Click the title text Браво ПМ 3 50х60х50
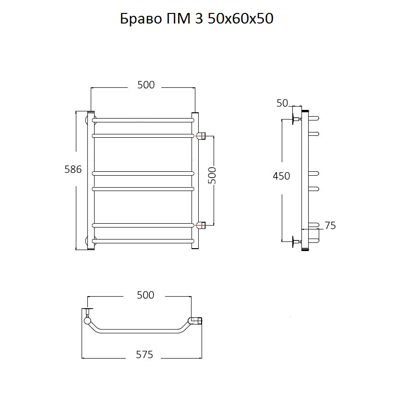tap(197, 18)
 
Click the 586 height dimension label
tap(73, 169)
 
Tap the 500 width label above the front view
tap(146, 85)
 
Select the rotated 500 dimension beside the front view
tap(212, 176)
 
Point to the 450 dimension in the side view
tap(281, 176)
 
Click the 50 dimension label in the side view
tap(282, 103)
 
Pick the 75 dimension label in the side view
tap(330, 226)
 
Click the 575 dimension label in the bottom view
tap(144, 355)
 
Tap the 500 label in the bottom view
tap(145, 295)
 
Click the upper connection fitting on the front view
tap(201, 135)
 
